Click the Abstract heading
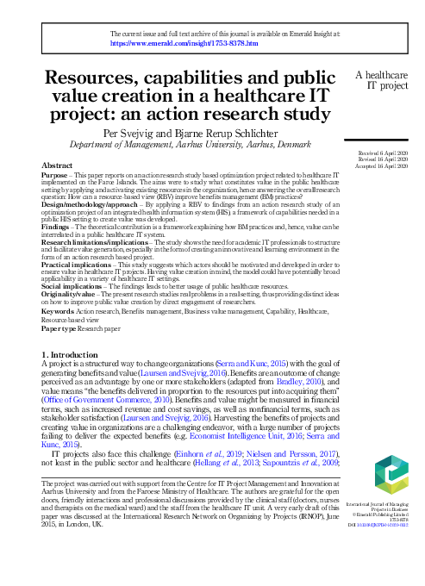(57, 164)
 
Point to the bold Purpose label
(55, 174)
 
